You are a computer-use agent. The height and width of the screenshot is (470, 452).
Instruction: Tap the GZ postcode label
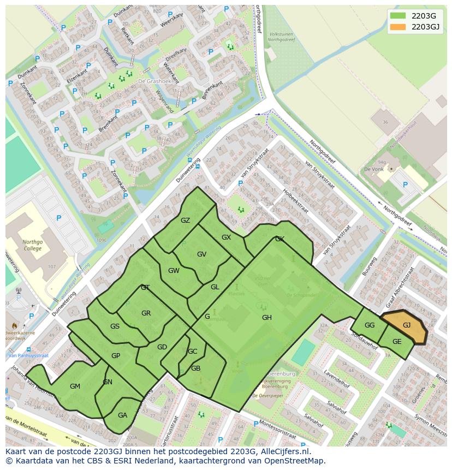(186, 221)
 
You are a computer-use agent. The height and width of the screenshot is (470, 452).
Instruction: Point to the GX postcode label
(227, 237)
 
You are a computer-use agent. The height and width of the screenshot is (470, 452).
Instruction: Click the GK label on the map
(279, 239)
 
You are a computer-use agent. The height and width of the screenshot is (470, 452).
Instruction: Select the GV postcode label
(201, 254)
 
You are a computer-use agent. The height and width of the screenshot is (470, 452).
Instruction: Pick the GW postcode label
(174, 271)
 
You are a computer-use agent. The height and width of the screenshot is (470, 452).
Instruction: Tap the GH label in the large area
(266, 318)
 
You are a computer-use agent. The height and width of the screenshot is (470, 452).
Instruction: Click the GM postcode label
(75, 386)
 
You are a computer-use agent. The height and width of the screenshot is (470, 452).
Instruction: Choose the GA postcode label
(122, 415)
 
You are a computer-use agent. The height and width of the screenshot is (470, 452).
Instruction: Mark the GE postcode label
(397, 342)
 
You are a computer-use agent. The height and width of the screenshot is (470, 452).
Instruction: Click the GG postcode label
(370, 325)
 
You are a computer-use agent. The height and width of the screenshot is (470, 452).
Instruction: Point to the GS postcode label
(115, 326)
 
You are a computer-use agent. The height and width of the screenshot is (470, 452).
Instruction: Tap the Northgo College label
(32, 245)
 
